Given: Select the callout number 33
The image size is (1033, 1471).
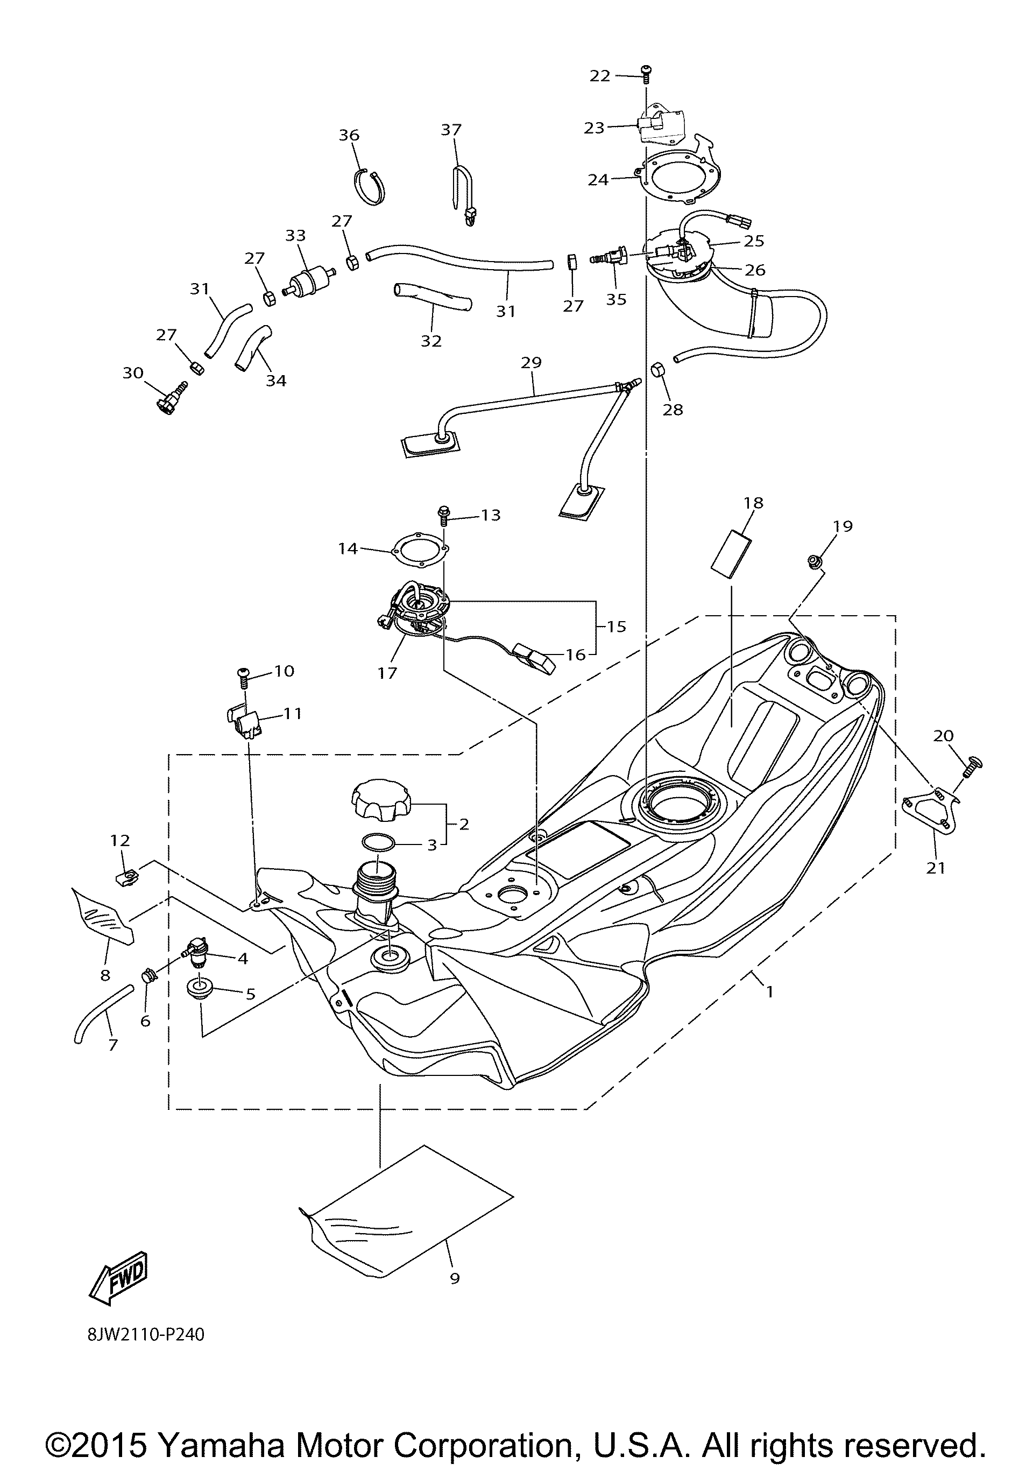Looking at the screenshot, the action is (x=295, y=236).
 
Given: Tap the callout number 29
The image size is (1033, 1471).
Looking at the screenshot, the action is (x=531, y=363).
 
